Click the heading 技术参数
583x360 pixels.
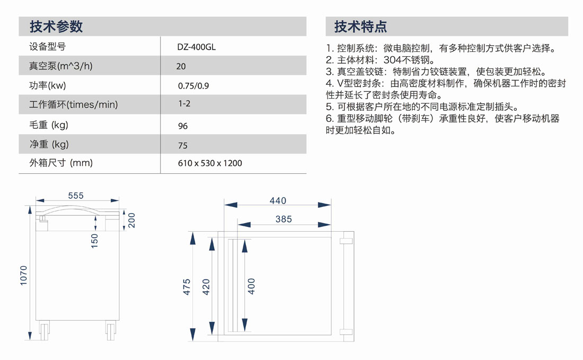[x=56, y=27]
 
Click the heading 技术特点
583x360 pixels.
[x=360, y=27]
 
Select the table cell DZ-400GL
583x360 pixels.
[x=196, y=47]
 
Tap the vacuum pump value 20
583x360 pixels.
[x=181, y=66]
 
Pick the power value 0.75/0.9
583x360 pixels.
[x=193, y=86]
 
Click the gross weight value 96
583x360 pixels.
[x=182, y=126]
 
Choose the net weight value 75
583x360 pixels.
[x=182, y=145]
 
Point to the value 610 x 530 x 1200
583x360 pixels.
[x=210, y=163]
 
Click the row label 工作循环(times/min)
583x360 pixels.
[x=73, y=104]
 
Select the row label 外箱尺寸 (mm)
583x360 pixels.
[x=61, y=163]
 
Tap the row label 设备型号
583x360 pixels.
[x=48, y=47]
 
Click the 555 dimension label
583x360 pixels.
[x=76, y=196]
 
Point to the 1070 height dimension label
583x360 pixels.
[x=23, y=276]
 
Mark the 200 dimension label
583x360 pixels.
[x=131, y=220]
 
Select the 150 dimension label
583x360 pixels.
[x=94, y=241]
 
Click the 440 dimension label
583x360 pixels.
[x=278, y=201]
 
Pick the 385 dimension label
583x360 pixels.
[x=284, y=219]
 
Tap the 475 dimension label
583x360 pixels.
[x=187, y=287]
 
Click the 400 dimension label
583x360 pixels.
[x=251, y=286]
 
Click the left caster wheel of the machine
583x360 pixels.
[x=44, y=330]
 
